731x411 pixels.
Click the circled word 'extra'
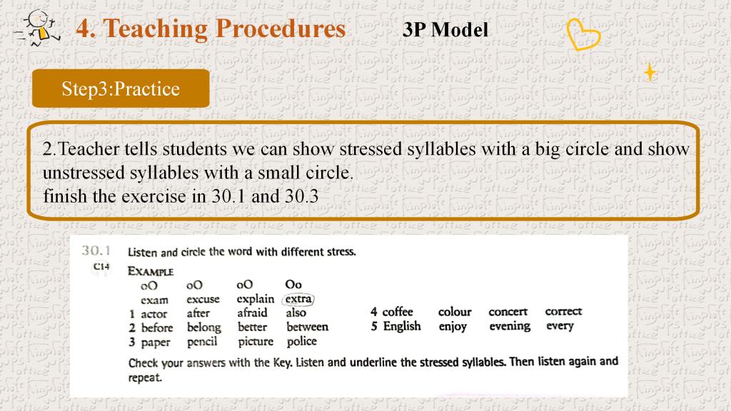pos(298,299)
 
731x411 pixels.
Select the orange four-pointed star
pos(650,72)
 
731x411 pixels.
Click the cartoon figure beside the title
pos(37,28)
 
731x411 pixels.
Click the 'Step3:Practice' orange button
pos(121,88)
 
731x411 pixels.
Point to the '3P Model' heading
pos(445,30)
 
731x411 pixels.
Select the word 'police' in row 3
pos(302,341)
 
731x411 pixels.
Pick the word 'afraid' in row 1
pos(252,313)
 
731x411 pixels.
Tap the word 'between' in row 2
pos(307,327)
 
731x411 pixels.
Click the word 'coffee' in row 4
pos(398,311)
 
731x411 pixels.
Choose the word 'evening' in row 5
pos(510,326)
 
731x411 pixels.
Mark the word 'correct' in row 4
pos(564,311)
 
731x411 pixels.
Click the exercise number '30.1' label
pos(96,250)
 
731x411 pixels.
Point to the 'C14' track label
pos(101,267)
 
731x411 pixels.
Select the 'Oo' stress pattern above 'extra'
pos(293,284)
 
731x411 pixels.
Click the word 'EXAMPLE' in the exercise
pos(151,272)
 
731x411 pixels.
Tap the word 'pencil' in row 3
pos(202,342)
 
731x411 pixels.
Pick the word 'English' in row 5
pos(402,326)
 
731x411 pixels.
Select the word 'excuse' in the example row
pos(203,299)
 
